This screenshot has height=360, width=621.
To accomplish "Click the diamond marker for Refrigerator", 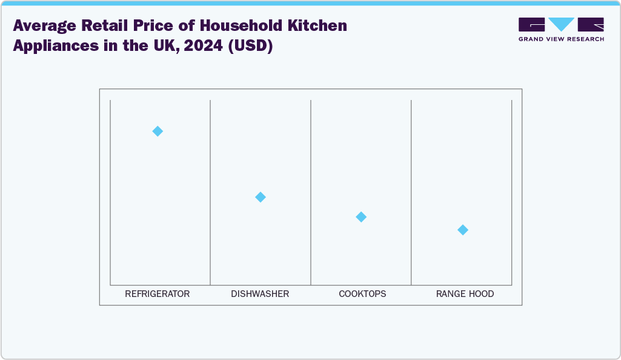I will tap(158, 131).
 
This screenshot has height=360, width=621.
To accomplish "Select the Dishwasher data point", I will tap(261, 197).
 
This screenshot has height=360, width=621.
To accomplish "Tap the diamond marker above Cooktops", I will tap(361, 217).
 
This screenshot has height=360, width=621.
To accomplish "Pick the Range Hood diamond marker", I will tap(463, 230).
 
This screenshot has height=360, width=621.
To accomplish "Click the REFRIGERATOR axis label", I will tap(158, 294).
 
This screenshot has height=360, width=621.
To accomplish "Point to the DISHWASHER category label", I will tap(260, 294).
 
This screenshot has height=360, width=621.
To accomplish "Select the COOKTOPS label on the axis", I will tap(362, 294).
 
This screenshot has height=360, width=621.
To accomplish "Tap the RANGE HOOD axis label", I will tap(465, 294).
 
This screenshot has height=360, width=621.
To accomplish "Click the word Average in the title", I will tap(45, 26).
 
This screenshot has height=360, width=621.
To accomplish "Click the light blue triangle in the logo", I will tap(561, 24).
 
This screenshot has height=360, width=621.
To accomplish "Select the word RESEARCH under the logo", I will tap(585, 39).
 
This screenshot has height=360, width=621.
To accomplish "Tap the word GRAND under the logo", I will tap(531, 39).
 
